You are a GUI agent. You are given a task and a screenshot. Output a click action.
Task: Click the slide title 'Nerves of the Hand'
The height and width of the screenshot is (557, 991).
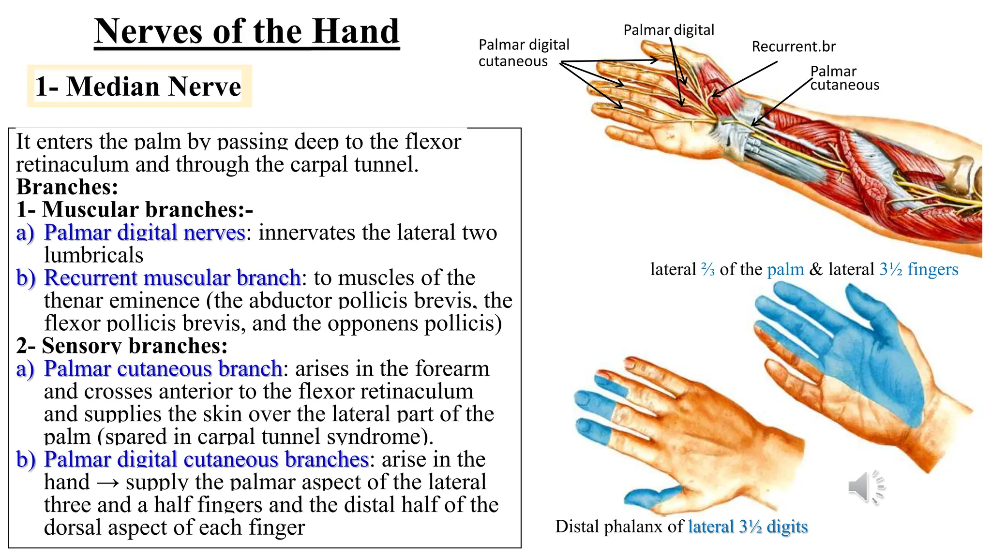[x=247, y=32]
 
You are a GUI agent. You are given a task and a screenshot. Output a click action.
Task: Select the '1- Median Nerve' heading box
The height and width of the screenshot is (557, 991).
[x=139, y=87]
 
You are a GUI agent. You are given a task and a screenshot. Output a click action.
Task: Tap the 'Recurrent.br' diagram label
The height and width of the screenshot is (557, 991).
[x=793, y=46]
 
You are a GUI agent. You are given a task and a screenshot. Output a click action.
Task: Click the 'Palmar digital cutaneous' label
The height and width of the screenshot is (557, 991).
[x=523, y=53]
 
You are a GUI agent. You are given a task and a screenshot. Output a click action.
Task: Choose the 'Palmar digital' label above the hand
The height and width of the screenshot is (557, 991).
[x=668, y=30]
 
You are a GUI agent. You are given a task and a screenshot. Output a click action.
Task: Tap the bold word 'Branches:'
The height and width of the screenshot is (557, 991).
[x=67, y=187]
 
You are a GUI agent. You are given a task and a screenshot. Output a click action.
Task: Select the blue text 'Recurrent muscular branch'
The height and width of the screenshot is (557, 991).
[x=172, y=278]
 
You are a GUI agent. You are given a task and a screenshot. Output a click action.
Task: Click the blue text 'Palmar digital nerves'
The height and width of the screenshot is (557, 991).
[x=145, y=233]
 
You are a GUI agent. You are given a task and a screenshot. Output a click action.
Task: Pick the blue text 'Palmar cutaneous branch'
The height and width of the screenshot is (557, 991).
[x=163, y=368]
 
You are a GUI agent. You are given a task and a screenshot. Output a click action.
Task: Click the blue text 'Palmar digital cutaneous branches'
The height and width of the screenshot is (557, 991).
[x=206, y=459]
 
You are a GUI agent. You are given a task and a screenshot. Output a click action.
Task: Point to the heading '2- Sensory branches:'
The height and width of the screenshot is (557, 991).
[x=122, y=346]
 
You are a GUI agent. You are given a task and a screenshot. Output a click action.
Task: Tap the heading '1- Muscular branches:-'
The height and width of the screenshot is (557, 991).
[x=135, y=209]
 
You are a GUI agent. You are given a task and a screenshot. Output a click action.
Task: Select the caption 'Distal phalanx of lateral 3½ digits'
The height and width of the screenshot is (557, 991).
[x=681, y=527]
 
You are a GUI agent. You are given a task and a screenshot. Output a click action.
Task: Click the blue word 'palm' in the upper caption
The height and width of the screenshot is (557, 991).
[x=785, y=269]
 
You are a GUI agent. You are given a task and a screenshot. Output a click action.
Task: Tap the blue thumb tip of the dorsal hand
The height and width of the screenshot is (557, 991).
[x=644, y=498]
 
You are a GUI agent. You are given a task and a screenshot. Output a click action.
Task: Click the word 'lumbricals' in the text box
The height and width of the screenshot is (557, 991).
[x=93, y=255]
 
